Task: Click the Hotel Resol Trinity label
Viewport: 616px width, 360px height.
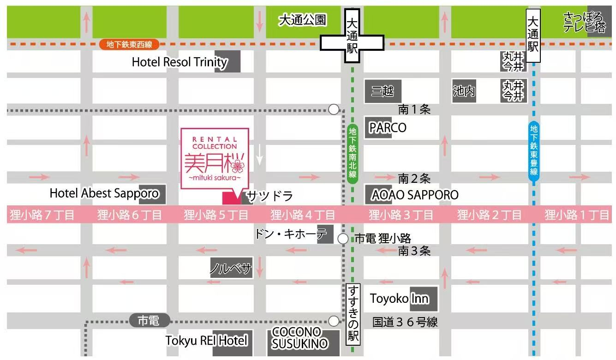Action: pos(179,62)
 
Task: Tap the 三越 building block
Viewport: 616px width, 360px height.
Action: pos(383,91)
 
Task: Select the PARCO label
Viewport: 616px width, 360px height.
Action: pos(388,127)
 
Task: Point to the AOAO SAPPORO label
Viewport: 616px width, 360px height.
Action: pos(414,195)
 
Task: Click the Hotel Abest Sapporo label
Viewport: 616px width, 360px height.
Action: pos(104,193)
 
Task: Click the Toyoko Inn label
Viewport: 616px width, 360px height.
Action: pos(399,299)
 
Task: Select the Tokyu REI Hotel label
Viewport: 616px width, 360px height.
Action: pos(206,341)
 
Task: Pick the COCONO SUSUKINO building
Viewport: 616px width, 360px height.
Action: pos(299,339)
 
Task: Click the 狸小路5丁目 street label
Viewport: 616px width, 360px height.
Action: pos(216,215)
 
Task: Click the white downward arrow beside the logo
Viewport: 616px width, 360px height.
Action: pos(260,155)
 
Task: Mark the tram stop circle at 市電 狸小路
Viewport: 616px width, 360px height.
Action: pos(343,239)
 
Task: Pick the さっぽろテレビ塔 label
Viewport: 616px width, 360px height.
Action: pos(584,23)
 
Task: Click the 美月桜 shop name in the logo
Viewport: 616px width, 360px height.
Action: pos(214,162)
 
